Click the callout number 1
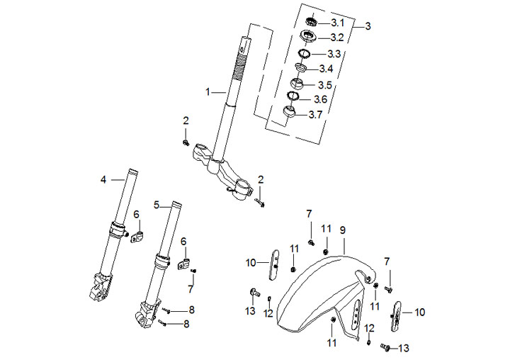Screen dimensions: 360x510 click(208, 92)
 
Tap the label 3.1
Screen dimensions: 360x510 click(336, 22)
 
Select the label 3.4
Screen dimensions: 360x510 click(326, 69)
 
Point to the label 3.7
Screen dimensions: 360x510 click(317, 115)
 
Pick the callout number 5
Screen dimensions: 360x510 click(157, 204)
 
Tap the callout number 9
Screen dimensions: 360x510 click(342, 230)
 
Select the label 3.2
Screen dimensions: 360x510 click(337, 38)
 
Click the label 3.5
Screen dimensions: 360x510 click(326, 84)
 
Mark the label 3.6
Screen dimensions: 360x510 click(320, 99)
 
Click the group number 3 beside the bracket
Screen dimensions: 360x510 click(367, 26)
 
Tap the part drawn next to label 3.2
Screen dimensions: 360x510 click(309, 36)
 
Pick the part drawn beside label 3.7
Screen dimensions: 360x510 click(289, 113)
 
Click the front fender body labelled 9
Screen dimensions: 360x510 click(312, 291)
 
